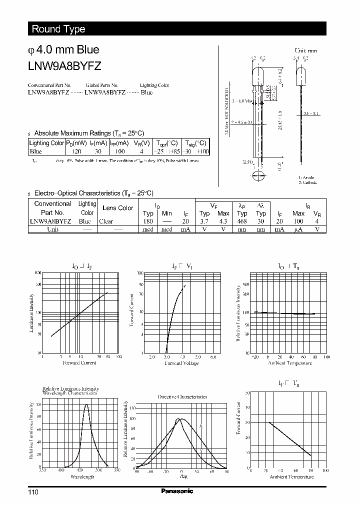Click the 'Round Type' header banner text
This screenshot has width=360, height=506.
(58, 29)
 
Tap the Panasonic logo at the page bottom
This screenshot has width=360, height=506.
(177, 491)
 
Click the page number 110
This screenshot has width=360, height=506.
(33, 492)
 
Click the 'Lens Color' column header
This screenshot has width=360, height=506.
(117, 208)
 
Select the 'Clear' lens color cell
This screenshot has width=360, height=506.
(106, 221)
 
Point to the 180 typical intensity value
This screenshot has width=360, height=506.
(147, 221)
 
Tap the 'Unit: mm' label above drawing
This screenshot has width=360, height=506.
(305, 50)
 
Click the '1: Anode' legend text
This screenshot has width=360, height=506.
(307, 178)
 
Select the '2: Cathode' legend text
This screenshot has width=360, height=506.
(308, 182)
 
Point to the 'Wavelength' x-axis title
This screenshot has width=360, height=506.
(82, 476)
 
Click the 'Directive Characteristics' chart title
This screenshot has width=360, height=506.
(182, 396)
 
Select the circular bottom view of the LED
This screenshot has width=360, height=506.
(258, 175)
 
